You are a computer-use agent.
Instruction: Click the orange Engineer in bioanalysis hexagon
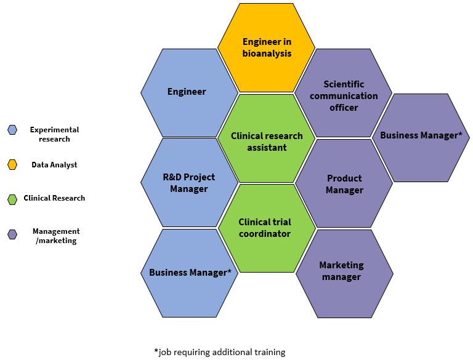pyautogui.click(x=266, y=47)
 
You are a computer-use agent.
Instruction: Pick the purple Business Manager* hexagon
pyautogui.click(x=421, y=137)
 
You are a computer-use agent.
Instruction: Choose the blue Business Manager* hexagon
pyautogui.click(x=190, y=273)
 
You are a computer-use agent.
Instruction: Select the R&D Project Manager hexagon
pyautogui.click(x=189, y=183)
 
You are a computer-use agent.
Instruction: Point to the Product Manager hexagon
pyautogui.click(x=344, y=183)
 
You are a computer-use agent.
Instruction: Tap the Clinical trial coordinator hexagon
pyautogui.click(x=265, y=228)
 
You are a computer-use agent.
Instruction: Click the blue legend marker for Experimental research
pyautogui.click(x=12, y=130)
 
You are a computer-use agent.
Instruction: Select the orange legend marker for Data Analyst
pyautogui.click(x=12, y=164)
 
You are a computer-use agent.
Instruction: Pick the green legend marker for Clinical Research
pyautogui.click(x=12, y=199)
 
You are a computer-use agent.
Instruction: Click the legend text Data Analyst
pyautogui.click(x=54, y=165)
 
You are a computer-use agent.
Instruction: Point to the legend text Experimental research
pyautogui.click(x=54, y=134)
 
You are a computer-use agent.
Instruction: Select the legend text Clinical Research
pyautogui.click(x=54, y=198)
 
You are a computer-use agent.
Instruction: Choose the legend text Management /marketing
pyautogui.click(x=56, y=236)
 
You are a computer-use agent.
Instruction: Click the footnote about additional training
pyautogui.click(x=220, y=352)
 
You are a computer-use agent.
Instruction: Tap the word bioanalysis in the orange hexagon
pyautogui.click(x=267, y=54)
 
